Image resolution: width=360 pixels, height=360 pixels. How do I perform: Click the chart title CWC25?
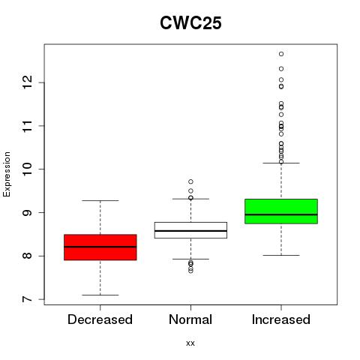click(190, 23)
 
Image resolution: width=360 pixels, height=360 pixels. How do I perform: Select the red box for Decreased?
click(100, 247)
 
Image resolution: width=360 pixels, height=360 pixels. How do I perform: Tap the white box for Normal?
click(190, 230)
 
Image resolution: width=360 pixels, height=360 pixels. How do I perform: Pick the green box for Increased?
click(281, 211)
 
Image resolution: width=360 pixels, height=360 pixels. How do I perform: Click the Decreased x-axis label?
click(100, 319)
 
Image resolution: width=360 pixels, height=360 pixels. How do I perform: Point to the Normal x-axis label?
click(190, 319)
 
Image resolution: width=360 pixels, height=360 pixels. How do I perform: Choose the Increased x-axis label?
click(281, 319)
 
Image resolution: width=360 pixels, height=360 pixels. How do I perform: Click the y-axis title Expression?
click(7, 174)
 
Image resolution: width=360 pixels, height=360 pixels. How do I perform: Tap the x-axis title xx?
click(190, 343)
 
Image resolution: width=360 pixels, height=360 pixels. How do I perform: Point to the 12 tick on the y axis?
click(42, 82)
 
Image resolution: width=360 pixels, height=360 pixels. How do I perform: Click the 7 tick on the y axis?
click(42, 299)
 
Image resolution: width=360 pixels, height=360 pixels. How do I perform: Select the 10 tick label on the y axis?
click(28, 169)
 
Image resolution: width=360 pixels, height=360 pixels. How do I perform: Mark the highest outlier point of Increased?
click(281, 54)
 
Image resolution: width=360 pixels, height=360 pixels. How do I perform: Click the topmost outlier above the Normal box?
click(190, 181)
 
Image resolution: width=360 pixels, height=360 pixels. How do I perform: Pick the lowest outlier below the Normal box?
click(190, 271)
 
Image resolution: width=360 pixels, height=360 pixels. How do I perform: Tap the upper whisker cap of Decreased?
click(100, 200)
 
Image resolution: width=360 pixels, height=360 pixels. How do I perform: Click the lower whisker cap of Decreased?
click(100, 295)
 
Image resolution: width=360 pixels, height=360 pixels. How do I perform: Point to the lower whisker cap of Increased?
click(281, 255)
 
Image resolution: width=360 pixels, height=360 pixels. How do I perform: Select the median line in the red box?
click(100, 247)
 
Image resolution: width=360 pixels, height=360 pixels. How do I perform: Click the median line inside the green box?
click(281, 214)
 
